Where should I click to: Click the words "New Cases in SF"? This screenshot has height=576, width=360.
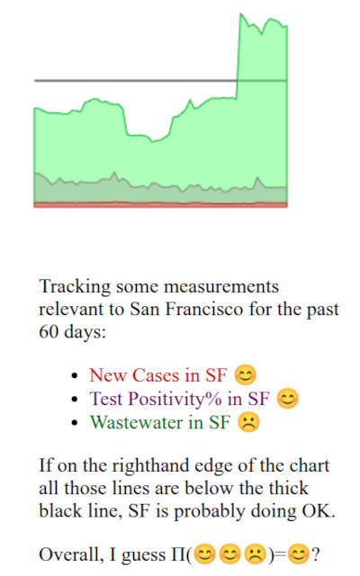click(158, 374)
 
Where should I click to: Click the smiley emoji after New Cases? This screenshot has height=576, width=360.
click(243, 374)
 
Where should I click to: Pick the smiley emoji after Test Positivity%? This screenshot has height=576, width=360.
click(287, 399)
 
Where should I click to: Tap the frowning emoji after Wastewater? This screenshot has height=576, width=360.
click(247, 422)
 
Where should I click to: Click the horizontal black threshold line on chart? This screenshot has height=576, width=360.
click(135, 81)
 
